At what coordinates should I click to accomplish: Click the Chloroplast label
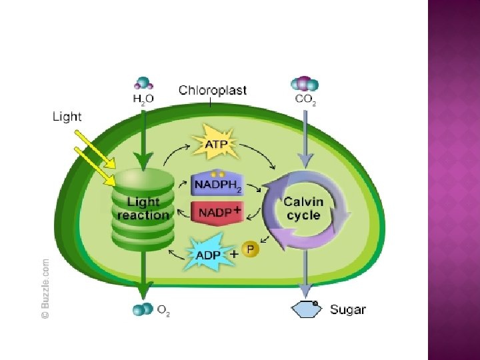coord(213,91)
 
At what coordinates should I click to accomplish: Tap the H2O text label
coord(143,100)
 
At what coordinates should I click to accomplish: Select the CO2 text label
coord(305,100)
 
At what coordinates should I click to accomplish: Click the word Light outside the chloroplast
coord(67,117)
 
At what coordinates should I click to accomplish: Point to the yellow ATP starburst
coord(215,144)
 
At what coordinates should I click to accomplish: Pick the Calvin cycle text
coord(303,208)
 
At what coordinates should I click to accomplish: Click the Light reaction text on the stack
coord(143,208)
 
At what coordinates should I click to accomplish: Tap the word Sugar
coord(348,309)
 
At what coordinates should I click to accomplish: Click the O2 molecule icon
coord(142,310)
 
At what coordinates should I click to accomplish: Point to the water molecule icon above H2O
coord(143,83)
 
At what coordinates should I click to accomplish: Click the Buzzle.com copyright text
coord(45,288)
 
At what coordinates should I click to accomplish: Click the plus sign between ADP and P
coord(235,254)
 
